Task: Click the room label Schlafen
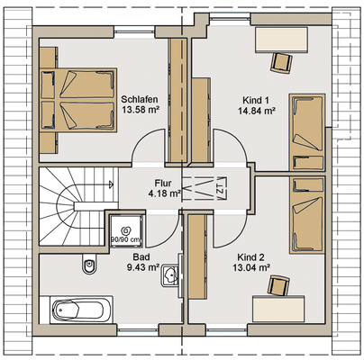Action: pyautogui.click(x=140, y=99)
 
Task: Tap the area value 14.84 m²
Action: pyautogui.click(x=257, y=111)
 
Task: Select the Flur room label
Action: pyautogui.click(x=163, y=183)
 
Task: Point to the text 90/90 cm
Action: pyautogui.click(x=125, y=239)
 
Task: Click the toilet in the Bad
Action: pyautogui.click(x=89, y=264)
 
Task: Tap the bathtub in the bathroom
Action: pyautogui.click(x=77, y=310)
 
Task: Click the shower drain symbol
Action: pyautogui.click(x=125, y=230)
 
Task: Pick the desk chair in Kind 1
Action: pyautogui.click(x=281, y=63)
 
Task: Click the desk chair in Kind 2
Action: pyautogui.click(x=278, y=286)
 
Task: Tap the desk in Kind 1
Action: pyautogui.click(x=281, y=40)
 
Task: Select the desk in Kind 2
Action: pyautogui.click(x=278, y=309)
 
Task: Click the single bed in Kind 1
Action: pyautogui.click(x=307, y=133)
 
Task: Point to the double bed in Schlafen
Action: pyautogui.click(x=78, y=100)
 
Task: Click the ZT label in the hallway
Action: pyautogui.click(x=220, y=189)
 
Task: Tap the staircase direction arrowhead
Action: pyautogui.click(x=111, y=184)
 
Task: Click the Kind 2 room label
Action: pyautogui.click(x=250, y=257)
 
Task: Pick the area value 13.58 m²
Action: pyautogui.click(x=141, y=110)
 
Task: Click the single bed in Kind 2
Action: pyautogui.click(x=307, y=215)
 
